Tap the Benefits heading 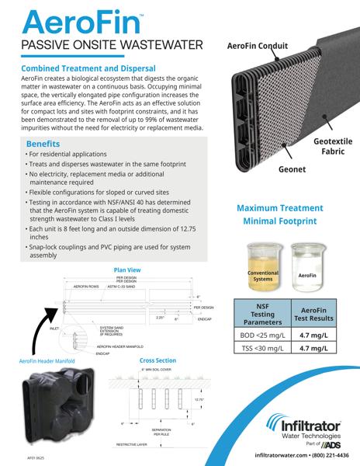[46, 144]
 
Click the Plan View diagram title [127, 270]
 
